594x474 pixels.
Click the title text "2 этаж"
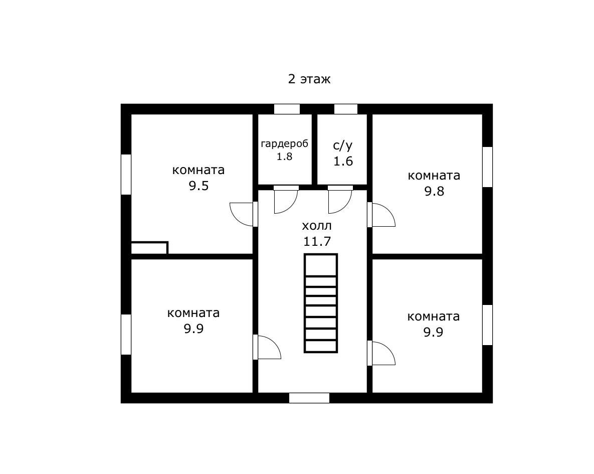pyautogui.click(x=309, y=79)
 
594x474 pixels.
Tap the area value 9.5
pyautogui.click(x=199, y=186)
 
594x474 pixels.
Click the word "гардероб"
pyautogui.click(x=285, y=144)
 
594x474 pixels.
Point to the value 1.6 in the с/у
pyautogui.click(x=343, y=161)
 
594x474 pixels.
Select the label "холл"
pyautogui.click(x=317, y=226)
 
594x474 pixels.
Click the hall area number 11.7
pyautogui.click(x=317, y=241)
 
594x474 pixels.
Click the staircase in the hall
pyautogui.click(x=320, y=303)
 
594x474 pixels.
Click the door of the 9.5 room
pyautogui.click(x=244, y=214)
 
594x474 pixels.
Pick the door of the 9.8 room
pyautogui.click(x=381, y=215)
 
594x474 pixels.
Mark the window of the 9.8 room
pyautogui.click(x=488, y=167)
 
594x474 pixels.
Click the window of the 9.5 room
pyautogui.click(x=126, y=175)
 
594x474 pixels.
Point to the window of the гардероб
pyautogui.click(x=287, y=109)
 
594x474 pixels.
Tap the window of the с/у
pyautogui.click(x=345, y=109)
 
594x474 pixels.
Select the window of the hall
pyautogui.click(x=309, y=398)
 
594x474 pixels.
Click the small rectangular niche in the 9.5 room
pyautogui.click(x=149, y=248)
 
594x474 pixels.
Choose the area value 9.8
pyautogui.click(x=434, y=191)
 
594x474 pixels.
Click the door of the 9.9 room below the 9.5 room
pyautogui.click(x=267, y=347)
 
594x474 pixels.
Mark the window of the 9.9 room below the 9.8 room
pyautogui.click(x=488, y=325)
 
